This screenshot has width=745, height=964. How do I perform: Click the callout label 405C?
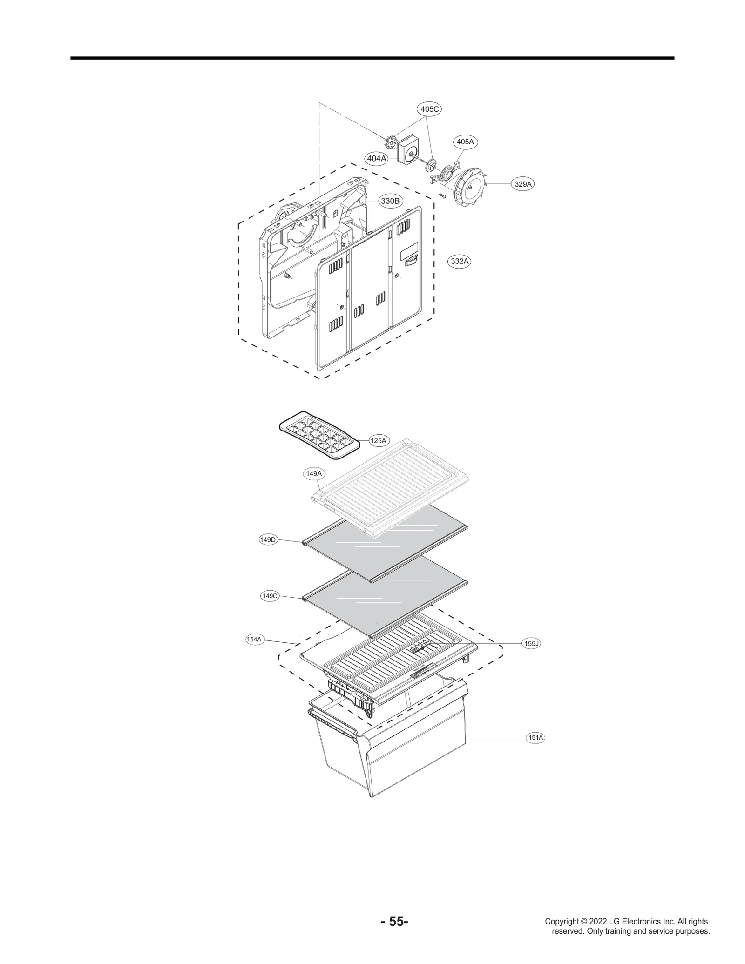(x=428, y=109)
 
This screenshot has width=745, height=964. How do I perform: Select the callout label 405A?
(x=465, y=142)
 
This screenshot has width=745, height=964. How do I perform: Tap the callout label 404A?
(x=377, y=158)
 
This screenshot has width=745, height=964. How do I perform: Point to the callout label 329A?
(x=522, y=184)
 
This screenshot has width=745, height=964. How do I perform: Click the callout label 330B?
(x=390, y=201)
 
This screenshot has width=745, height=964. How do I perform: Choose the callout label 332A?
(x=459, y=261)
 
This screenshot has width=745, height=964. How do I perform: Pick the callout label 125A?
(x=378, y=440)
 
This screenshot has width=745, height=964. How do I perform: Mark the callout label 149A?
(x=314, y=474)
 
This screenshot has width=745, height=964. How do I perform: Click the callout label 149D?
(x=268, y=539)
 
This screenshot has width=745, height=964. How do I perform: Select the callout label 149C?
(x=270, y=596)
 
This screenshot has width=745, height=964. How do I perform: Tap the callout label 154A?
(x=254, y=639)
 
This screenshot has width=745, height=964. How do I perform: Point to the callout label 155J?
(x=531, y=643)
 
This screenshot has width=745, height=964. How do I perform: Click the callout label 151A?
(x=535, y=738)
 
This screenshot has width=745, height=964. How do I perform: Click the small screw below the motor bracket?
(x=442, y=196)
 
